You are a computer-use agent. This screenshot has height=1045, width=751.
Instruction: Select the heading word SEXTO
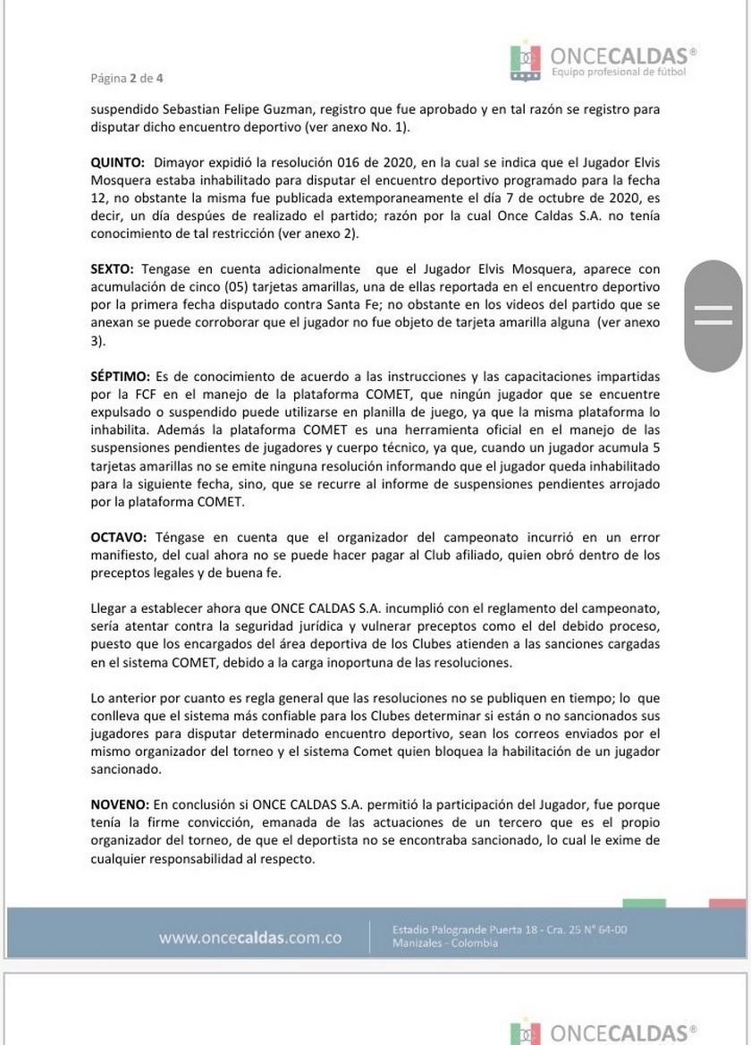112,268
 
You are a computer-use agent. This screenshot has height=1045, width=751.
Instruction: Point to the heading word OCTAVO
118,538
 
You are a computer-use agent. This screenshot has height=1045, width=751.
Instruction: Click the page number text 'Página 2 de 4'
127,78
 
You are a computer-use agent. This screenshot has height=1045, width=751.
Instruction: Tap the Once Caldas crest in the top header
526,61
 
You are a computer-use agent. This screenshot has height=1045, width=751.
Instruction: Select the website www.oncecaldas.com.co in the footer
250,938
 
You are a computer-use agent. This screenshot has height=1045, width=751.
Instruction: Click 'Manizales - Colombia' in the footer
445,944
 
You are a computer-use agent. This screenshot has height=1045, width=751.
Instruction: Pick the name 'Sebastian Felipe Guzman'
242,109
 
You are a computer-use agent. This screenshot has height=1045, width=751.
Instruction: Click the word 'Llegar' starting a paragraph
108,608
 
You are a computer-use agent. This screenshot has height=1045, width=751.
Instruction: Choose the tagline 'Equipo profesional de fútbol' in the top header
619,71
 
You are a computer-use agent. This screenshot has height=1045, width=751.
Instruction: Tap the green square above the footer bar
644,904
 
